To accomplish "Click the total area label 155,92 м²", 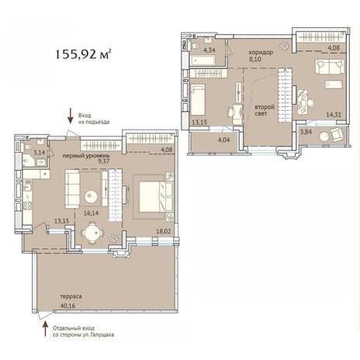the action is [84, 54].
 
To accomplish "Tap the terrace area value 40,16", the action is [67, 306].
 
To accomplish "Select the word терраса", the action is [71, 296].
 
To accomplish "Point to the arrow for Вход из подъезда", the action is [71, 116].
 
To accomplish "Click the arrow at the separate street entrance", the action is [45, 328].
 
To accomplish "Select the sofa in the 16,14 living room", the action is [72, 189].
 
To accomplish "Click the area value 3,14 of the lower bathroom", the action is [40, 152].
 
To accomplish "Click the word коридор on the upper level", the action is [261, 53].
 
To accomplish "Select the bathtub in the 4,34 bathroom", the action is [202, 60].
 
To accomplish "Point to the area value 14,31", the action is [334, 115].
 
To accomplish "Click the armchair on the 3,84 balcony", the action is [337, 135].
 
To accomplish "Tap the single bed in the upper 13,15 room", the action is [198, 99].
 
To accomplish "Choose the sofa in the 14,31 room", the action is [329, 67].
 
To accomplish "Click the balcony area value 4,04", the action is [224, 140].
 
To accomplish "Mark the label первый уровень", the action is [86, 156].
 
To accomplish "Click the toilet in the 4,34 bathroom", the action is [195, 47].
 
